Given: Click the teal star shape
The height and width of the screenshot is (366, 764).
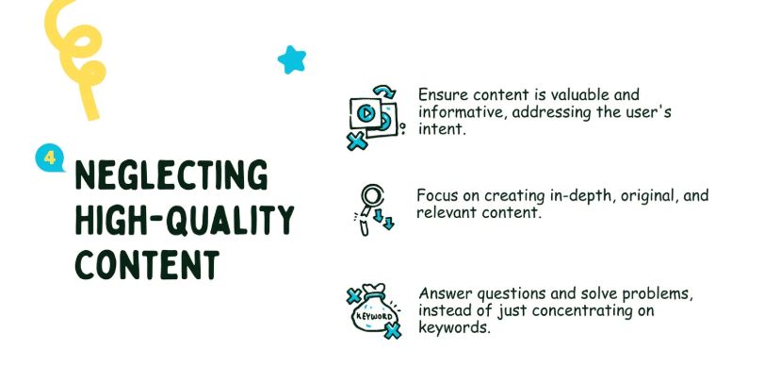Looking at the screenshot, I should [x=293, y=60].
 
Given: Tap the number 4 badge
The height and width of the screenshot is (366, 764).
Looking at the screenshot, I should [x=48, y=158].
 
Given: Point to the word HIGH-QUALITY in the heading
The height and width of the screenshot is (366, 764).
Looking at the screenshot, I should [x=184, y=220].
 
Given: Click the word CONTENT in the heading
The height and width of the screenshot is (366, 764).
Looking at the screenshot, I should [x=147, y=264].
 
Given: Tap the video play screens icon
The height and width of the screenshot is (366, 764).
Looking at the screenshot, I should [x=373, y=117].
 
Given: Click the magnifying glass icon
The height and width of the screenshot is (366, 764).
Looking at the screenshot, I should [x=370, y=208].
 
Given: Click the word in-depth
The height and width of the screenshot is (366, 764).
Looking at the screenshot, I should [x=581, y=196].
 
